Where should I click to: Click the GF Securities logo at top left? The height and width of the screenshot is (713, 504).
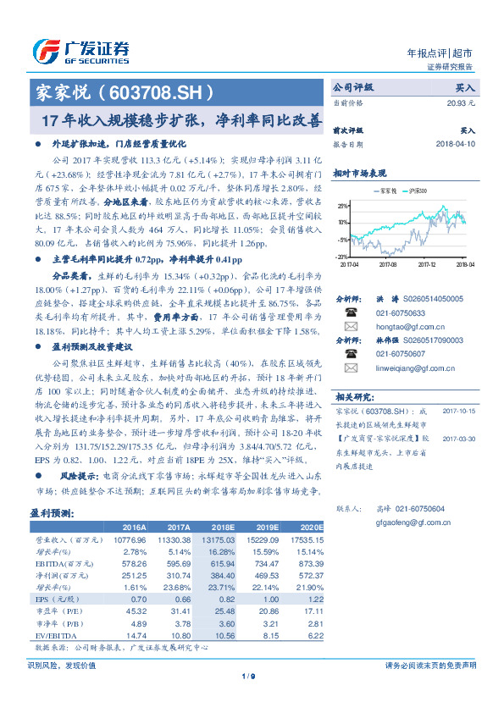(80, 52)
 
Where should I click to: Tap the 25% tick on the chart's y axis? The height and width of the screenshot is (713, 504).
(341, 206)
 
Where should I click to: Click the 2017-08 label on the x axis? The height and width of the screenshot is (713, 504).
(390, 264)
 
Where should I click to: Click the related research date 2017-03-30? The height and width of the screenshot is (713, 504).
(457, 439)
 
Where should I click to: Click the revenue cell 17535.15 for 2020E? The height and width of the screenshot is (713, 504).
(306, 539)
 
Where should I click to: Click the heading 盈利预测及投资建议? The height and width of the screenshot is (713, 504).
(89, 323)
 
